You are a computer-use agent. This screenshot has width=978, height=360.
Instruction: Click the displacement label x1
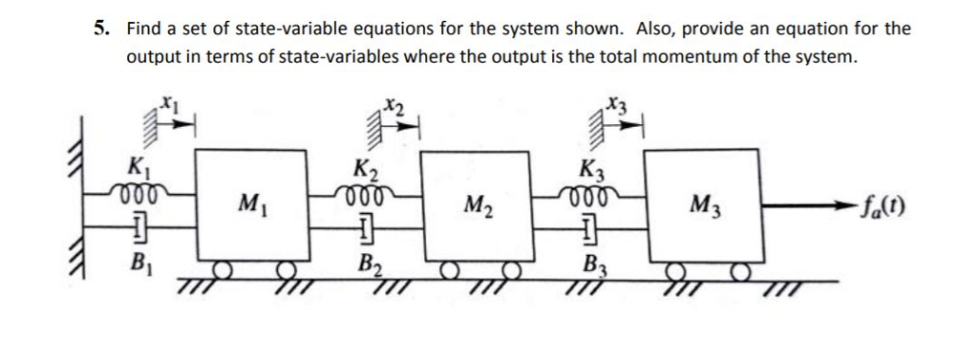[x=168, y=99]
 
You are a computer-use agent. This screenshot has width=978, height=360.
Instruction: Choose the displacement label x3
[x=618, y=103]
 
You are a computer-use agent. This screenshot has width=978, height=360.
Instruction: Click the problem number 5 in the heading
[x=98, y=29]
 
